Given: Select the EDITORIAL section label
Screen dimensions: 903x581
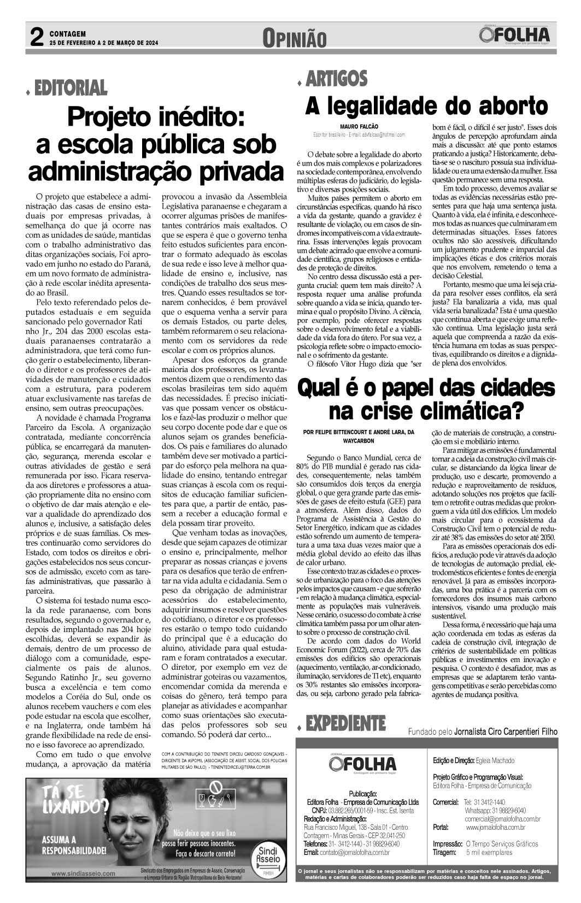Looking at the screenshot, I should point(70,87).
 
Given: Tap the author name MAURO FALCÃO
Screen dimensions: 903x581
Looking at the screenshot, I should point(355,126).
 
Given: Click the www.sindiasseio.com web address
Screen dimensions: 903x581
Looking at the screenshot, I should point(83,873).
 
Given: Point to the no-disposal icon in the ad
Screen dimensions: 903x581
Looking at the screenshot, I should point(215,788).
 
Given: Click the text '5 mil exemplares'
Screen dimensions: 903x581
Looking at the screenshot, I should point(489,852).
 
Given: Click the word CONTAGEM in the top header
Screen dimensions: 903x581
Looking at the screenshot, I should point(68,33).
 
